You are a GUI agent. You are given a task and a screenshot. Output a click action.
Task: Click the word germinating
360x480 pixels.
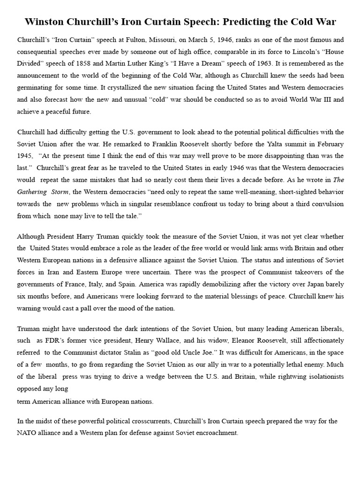(x=37, y=75)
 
